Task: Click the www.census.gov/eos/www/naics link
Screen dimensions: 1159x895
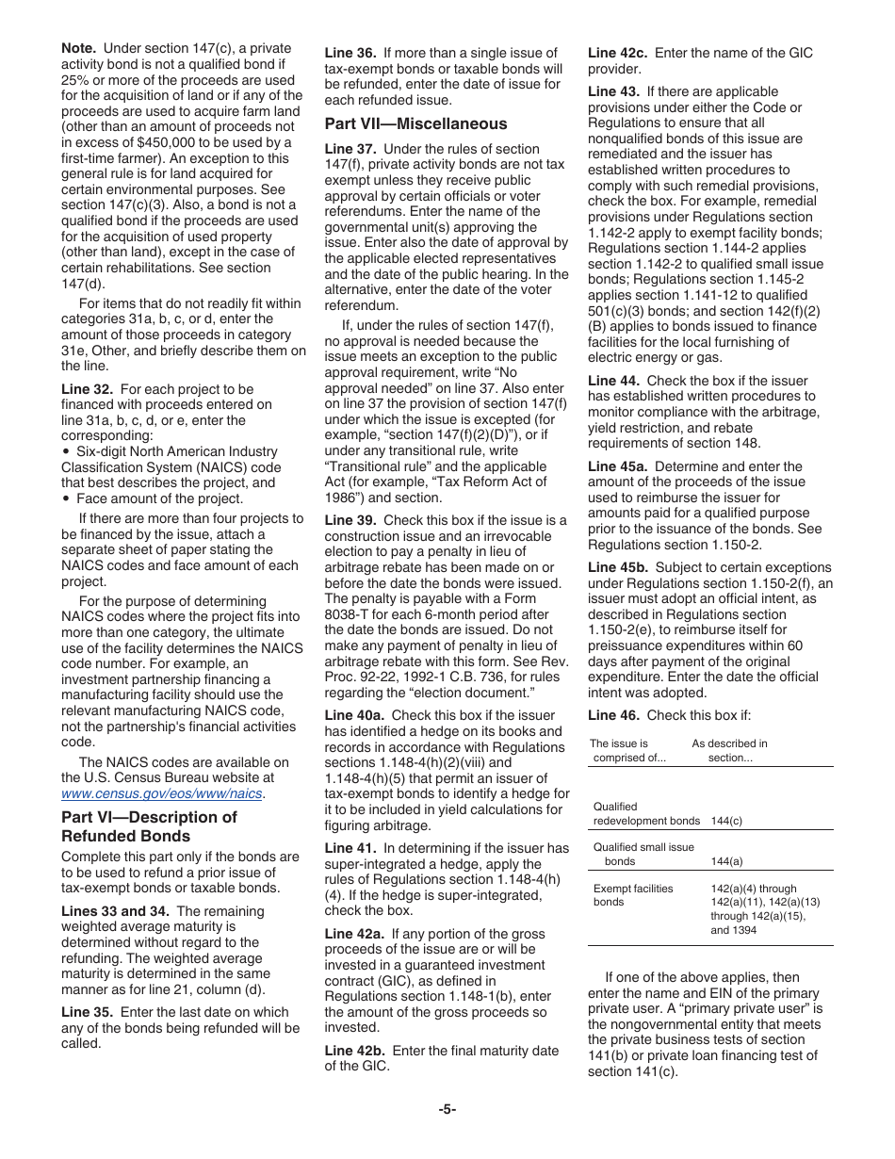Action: click(161, 794)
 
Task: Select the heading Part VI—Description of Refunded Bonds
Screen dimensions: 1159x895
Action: click(149, 826)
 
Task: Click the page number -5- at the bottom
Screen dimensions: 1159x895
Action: click(447, 1109)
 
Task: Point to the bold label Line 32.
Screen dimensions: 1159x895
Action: click(87, 389)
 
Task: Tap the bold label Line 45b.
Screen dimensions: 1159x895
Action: click(619, 567)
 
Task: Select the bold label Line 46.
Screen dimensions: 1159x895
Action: click(613, 714)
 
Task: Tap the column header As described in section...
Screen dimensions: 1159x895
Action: click(729, 750)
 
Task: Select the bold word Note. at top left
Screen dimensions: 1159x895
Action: click(78, 48)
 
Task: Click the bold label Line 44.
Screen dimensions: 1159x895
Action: click(613, 381)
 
